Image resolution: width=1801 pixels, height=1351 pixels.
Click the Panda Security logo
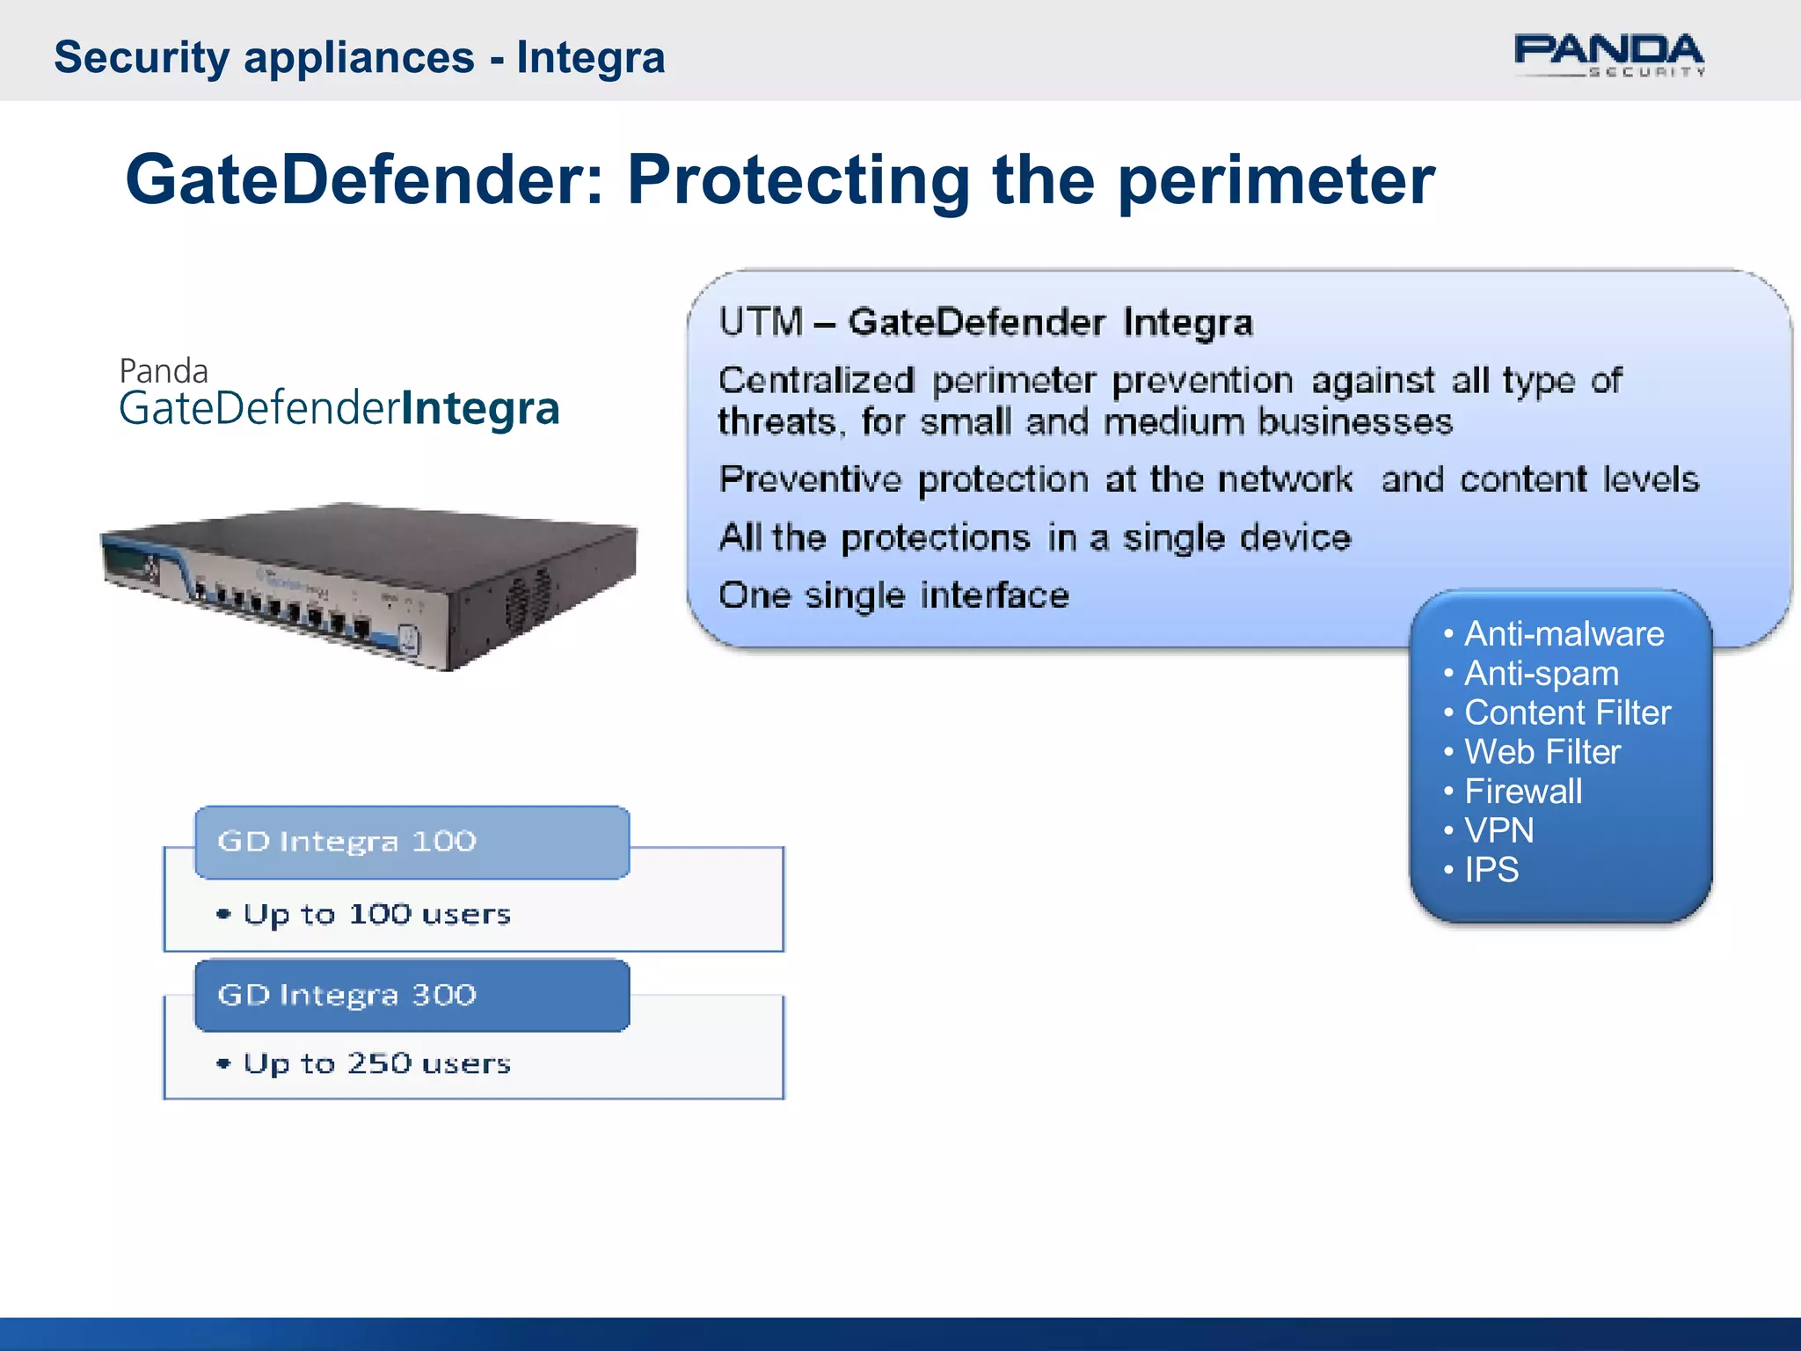point(1608,55)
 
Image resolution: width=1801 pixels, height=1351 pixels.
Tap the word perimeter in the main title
point(1275,180)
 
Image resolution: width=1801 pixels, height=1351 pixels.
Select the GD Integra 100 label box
point(412,842)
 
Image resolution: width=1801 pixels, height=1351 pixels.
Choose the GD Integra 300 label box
point(412,995)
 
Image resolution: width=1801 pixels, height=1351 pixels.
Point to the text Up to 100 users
point(376,915)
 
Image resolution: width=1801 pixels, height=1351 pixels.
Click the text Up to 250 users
point(376,1063)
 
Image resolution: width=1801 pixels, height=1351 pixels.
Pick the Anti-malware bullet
point(1563,634)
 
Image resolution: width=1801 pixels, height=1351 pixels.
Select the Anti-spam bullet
point(1541,674)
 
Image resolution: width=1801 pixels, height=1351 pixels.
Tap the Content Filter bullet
point(1566,712)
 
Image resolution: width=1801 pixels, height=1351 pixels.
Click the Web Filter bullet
point(1542,752)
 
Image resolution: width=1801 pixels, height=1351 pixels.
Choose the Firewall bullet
point(1522,792)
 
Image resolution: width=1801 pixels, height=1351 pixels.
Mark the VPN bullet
point(1498,830)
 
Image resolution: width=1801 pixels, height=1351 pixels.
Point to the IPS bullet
point(1491,870)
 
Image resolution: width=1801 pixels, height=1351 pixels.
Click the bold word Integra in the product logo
point(480,409)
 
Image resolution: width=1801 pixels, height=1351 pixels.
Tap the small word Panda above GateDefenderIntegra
point(164,371)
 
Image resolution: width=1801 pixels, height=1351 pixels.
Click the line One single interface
point(893,595)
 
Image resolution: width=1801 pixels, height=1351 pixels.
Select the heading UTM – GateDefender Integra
point(985,322)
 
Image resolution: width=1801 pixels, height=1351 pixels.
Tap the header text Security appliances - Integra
point(359,57)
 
